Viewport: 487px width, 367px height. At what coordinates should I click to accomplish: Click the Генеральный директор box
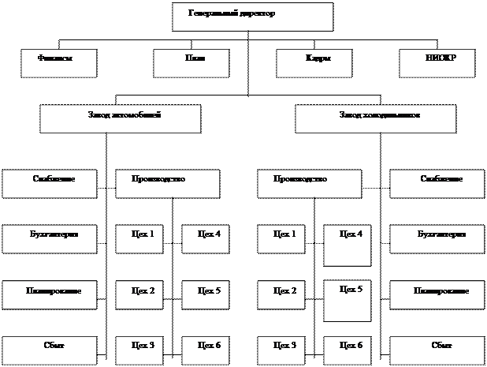(x=252, y=17)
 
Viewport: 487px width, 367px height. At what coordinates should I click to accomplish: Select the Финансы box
(x=59, y=63)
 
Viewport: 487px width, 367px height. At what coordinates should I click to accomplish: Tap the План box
(x=191, y=63)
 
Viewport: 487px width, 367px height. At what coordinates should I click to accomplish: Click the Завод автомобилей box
(x=120, y=118)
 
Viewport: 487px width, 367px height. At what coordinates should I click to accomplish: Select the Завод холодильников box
(x=376, y=118)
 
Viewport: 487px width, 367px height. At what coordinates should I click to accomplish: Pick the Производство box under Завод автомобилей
(x=168, y=183)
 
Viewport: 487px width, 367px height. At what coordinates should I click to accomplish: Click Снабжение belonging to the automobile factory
(x=50, y=183)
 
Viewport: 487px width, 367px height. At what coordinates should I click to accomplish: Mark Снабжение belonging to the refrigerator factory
(x=437, y=183)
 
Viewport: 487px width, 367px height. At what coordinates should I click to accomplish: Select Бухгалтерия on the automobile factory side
(x=50, y=238)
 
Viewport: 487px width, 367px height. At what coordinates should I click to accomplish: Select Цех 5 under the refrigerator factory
(x=348, y=301)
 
